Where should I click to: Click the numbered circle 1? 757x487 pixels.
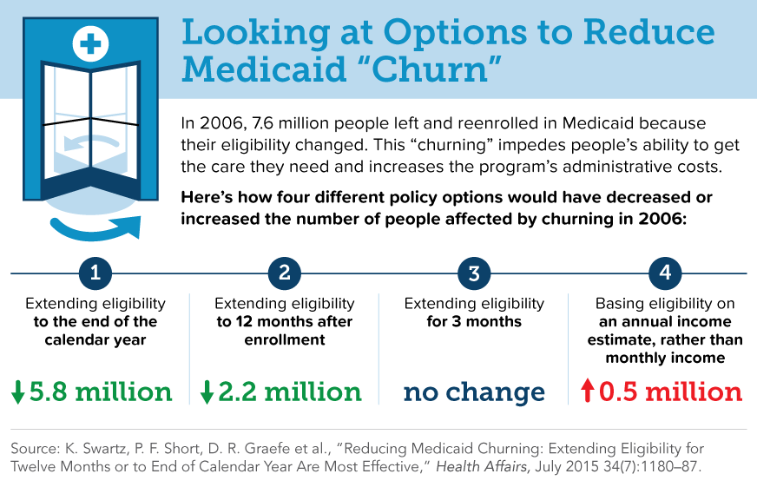click(95, 274)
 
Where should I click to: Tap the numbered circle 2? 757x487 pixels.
click(285, 274)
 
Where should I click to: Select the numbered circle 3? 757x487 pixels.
click(474, 274)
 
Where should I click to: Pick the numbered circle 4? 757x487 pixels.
click(664, 274)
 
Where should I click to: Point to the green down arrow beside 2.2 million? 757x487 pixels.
click(207, 392)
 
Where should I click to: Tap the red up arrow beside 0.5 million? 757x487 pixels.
click(588, 392)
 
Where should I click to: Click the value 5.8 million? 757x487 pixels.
click(101, 392)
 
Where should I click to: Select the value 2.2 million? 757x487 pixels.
click(290, 392)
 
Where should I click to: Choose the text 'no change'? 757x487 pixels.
click(474, 392)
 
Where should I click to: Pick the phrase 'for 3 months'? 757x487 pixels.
click(474, 322)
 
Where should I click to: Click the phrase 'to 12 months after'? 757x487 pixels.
click(285, 322)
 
